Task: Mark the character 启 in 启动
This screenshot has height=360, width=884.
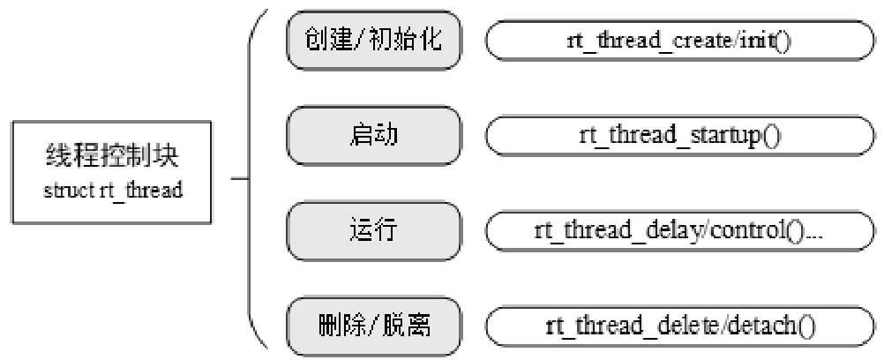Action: coord(362,137)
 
